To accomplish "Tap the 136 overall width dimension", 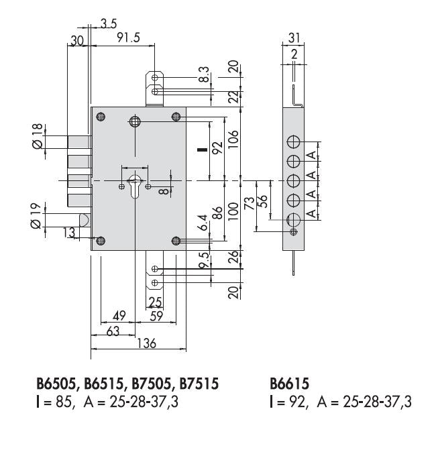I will (146, 343).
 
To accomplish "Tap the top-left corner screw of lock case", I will (101, 117).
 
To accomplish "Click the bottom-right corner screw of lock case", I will (176, 241).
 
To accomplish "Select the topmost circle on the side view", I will (294, 142).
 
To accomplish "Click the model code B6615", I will (288, 384).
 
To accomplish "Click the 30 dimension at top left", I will (76, 41).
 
